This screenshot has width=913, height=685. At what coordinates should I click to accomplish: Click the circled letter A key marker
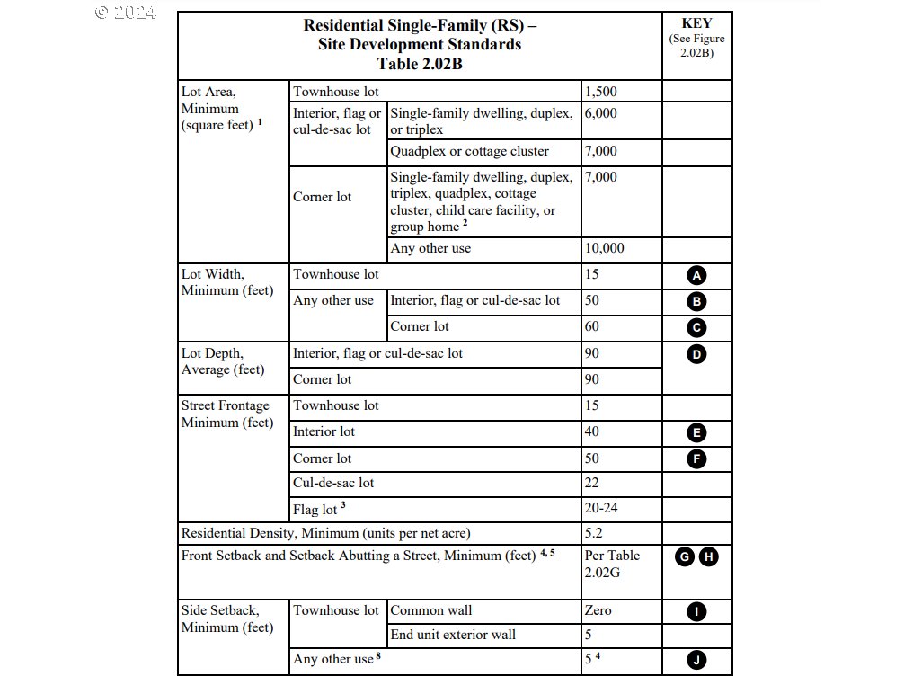(x=696, y=276)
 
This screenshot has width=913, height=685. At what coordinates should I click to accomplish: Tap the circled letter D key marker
(x=696, y=353)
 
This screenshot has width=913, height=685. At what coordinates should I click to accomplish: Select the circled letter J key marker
(x=696, y=660)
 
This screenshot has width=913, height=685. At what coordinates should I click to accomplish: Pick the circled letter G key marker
(x=686, y=557)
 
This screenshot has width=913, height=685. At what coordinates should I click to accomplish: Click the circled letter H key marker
(x=708, y=557)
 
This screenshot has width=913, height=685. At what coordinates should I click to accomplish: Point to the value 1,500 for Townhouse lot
(x=601, y=92)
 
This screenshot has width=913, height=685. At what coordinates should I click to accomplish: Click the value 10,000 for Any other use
(x=605, y=248)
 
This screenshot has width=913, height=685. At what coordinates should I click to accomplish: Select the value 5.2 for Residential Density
(x=594, y=533)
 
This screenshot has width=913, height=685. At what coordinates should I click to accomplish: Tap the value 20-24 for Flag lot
(x=601, y=508)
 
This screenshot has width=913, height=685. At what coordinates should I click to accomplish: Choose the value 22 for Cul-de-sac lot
(x=592, y=483)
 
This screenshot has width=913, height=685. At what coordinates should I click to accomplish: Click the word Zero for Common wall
(x=598, y=610)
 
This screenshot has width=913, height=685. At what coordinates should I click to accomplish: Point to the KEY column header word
(x=696, y=23)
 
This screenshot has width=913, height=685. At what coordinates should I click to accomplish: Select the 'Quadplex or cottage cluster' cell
(x=469, y=151)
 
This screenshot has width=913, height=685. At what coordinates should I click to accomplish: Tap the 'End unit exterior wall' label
(x=453, y=635)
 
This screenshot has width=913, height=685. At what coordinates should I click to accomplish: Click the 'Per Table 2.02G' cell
(x=612, y=564)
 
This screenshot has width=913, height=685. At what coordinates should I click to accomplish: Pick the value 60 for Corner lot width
(x=592, y=326)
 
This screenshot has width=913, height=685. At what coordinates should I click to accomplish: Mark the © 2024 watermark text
(x=126, y=13)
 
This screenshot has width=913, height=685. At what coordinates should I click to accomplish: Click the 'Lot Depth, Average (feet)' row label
(x=223, y=361)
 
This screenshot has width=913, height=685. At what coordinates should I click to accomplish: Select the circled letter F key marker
(x=696, y=458)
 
